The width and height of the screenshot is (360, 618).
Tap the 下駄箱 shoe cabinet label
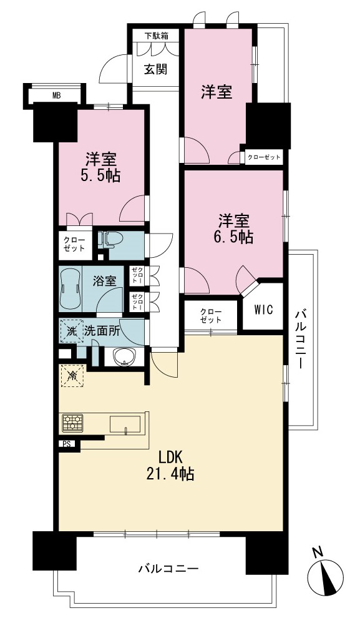155,36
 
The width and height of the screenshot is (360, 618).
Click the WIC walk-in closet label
263,310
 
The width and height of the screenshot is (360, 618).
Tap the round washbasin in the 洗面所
124,358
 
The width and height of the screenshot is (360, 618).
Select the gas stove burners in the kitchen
72,423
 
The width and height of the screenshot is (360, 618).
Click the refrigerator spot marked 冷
72,376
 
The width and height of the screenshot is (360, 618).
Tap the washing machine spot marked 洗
71,331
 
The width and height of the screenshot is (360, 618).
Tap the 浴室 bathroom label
104,282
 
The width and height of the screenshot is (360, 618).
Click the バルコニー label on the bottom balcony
168,569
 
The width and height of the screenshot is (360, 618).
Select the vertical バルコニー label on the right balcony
301,340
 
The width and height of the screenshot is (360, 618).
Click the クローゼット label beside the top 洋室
264,157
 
